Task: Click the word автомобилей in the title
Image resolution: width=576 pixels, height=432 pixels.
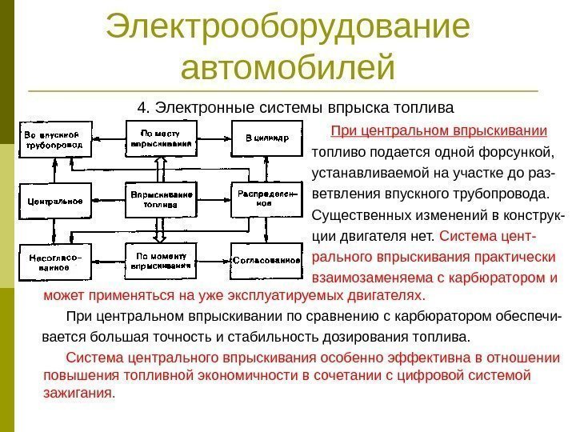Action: [288, 67]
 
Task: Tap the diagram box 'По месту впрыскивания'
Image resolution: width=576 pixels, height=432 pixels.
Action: [160, 138]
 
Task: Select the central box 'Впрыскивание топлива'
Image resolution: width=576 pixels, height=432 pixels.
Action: [160, 199]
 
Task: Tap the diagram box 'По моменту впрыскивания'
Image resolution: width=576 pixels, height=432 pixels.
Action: [160, 261]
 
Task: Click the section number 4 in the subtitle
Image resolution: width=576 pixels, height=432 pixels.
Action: [142, 107]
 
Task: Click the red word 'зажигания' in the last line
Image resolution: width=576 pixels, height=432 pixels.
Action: [78, 394]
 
